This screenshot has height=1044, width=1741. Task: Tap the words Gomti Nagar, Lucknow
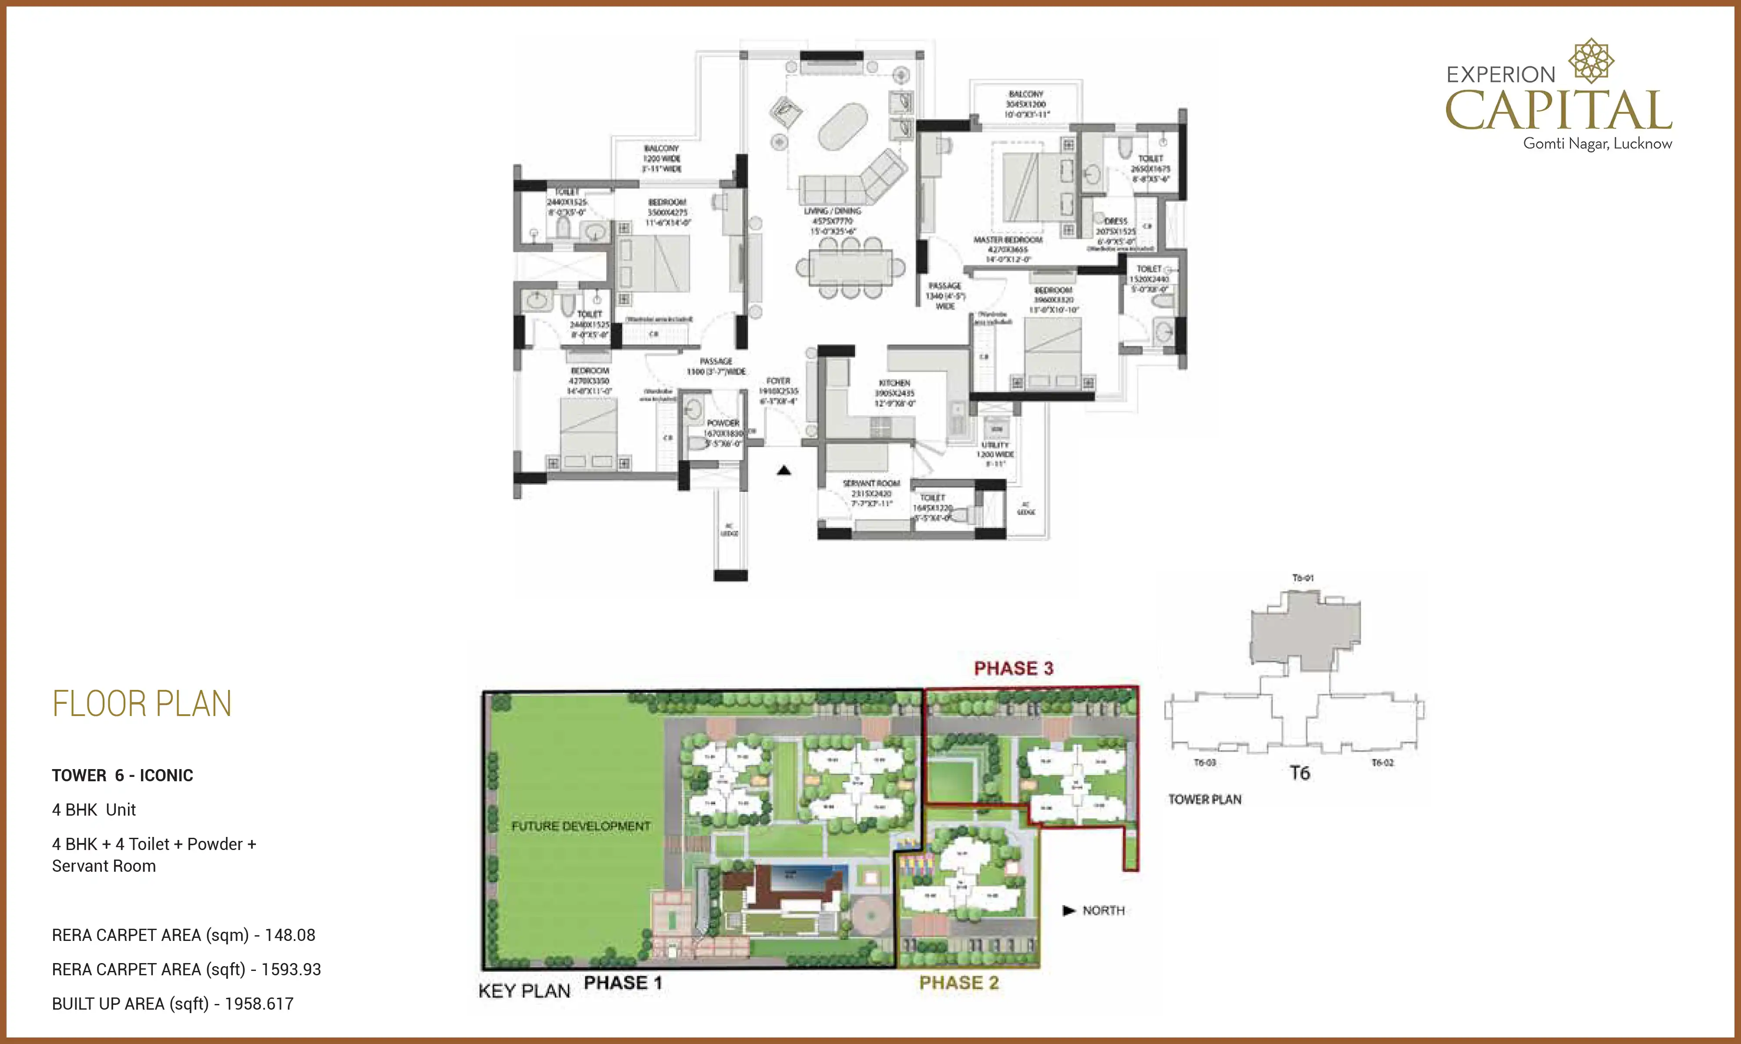click(1597, 144)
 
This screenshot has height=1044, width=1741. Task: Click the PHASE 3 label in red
click(1013, 668)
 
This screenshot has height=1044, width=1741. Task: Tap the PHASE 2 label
click(958, 983)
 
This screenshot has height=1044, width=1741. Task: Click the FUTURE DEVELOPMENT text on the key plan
click(581, 826)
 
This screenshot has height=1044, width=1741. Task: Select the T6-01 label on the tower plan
click(1303, 578)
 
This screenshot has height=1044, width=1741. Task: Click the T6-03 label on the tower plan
click(1205, 763)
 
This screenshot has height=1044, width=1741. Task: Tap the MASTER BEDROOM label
click(1008, 240)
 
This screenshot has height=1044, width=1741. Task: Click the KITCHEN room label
click(894, 383)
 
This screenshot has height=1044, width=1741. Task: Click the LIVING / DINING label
click(833, 211)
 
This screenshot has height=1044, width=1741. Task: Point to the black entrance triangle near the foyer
click(784, 470)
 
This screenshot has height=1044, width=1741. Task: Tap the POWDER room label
click(723, 423)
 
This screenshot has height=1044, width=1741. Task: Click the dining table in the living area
click(850, 268)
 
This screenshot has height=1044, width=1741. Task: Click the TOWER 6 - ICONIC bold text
click(122, 775)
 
